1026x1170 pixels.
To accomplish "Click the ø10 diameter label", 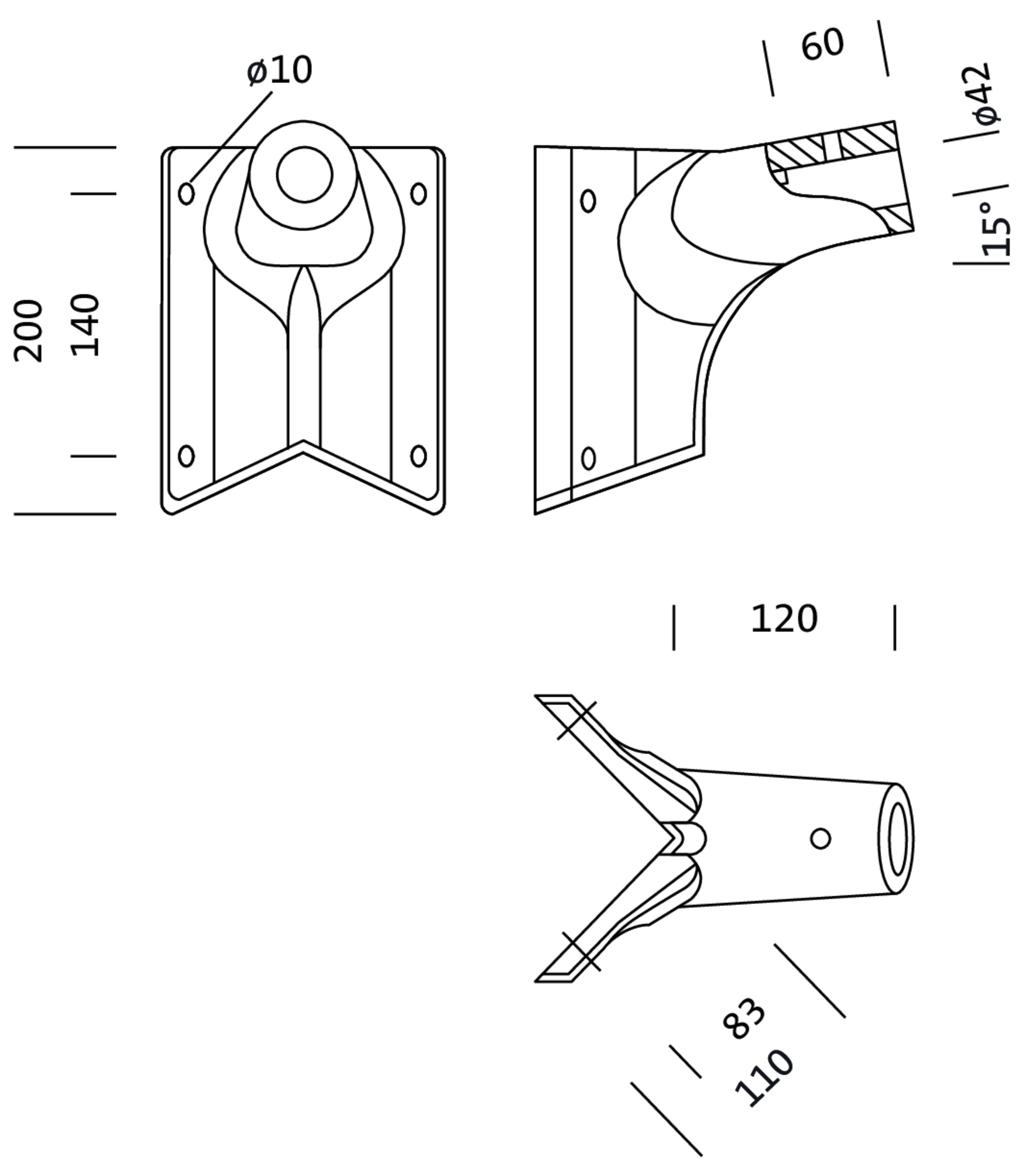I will click(x=280, y=70).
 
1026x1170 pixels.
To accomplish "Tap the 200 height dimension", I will click(x=28, y=331).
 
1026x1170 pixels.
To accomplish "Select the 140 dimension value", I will click(x=85, y=325).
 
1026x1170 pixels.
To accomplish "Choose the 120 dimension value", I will click(x=784, y=619).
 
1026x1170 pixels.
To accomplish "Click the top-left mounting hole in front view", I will click(x=186, y=194).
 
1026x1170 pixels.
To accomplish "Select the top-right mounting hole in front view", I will click(x=418, y=194).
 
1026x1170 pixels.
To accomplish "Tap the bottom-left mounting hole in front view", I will click(x=186, y=456).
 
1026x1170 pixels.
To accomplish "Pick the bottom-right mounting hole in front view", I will click(x=418, y=456).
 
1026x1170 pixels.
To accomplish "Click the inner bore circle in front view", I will click(x=304, y=174).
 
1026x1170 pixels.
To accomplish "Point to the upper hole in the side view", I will click(x=588, y=201).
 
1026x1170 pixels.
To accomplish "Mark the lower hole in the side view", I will click(x=589, y=459).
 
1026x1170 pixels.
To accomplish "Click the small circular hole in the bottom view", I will click(x=821, y=838).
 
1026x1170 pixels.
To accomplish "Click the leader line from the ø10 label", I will click(x=231, y=137).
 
